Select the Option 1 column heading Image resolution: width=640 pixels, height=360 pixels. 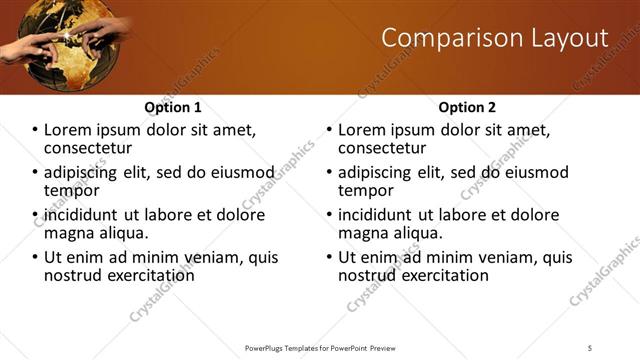[173, 107]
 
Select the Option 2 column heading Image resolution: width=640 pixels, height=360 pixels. [467, 107]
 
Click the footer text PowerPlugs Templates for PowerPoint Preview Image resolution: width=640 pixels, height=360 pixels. [319, 347]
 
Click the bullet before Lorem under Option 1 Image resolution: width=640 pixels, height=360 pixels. [36, 130]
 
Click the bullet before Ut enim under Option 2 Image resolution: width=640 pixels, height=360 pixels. [330, 257]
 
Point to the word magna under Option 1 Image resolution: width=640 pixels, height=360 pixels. [69, 233]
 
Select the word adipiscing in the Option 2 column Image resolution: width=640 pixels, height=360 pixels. [378, 172]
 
